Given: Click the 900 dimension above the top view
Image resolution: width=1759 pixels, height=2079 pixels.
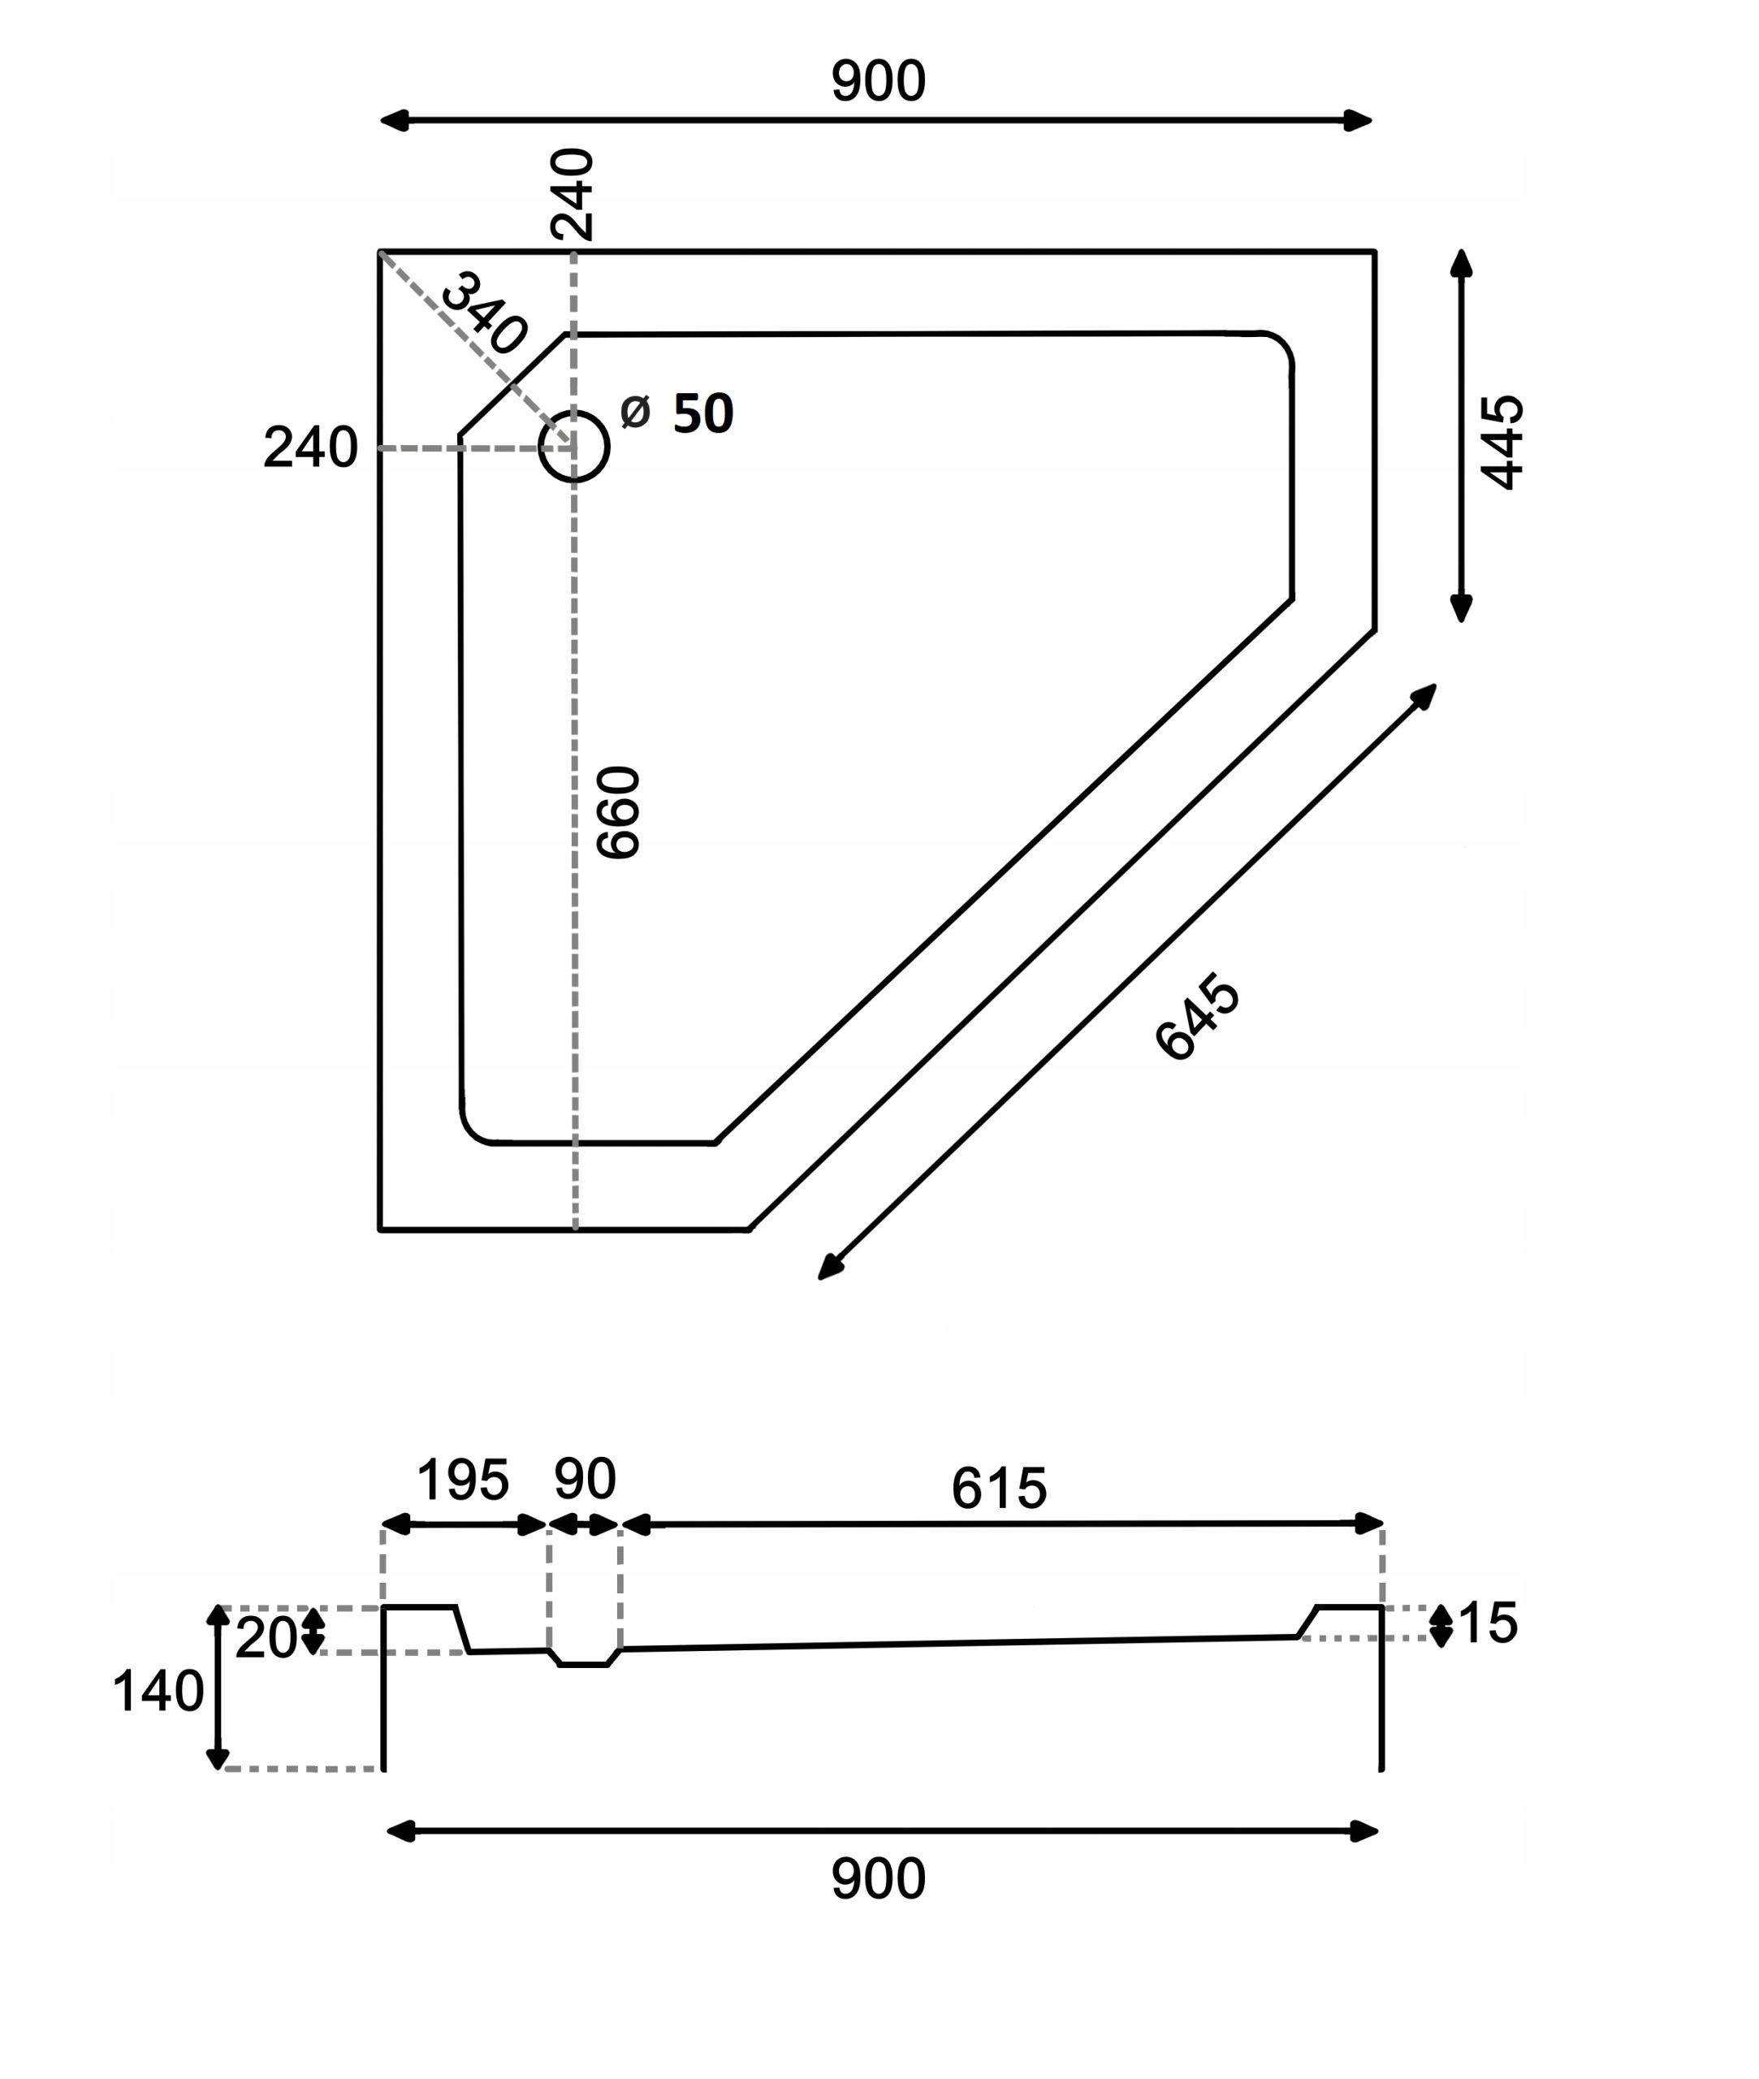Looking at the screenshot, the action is coord(879,80).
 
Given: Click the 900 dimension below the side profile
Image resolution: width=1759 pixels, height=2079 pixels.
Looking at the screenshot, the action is coord(879,1878).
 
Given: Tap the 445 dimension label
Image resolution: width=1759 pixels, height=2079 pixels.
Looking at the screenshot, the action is coord(1502,443).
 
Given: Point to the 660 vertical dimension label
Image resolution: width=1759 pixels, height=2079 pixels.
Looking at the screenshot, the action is coord(617,813).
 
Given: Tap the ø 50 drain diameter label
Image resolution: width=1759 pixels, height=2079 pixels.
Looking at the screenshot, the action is coord(677,412).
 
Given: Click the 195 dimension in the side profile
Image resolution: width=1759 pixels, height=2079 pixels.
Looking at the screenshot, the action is coord(463,1480).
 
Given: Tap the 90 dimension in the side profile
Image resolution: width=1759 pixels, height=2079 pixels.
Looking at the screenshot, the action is coord(586,1479).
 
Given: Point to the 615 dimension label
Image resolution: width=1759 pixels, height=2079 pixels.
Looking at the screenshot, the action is coord(999,1489).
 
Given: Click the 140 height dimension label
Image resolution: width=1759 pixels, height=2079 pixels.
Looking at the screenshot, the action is coord(158,1692).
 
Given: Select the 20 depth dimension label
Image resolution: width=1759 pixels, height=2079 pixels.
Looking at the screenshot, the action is coord(266,1638).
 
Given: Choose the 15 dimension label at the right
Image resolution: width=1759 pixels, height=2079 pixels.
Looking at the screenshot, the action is coord(1488,1623).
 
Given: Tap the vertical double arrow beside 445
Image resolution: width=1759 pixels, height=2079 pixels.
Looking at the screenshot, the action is coord(1462,436).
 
